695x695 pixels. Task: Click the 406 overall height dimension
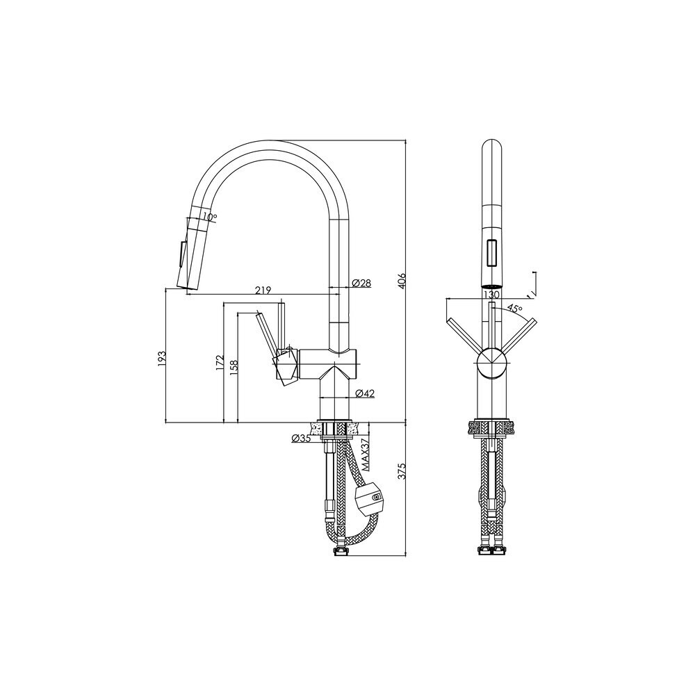402,281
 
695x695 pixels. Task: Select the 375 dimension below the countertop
402,472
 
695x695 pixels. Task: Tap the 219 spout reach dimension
263,290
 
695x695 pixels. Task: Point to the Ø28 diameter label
361,283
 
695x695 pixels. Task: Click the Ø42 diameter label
366,393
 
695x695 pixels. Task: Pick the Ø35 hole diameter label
301,439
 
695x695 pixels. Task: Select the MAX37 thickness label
366,455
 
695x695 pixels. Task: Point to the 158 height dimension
234,368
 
